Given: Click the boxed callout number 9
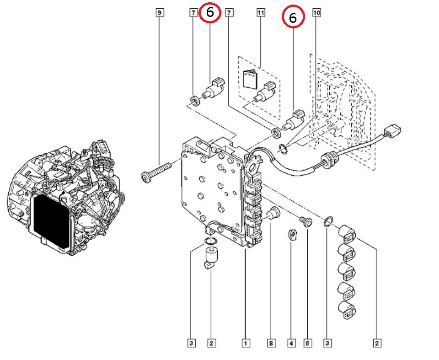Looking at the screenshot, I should click(159, 13).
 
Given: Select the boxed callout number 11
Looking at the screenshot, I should click(261, 13).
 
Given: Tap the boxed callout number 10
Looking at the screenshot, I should click(316, 13).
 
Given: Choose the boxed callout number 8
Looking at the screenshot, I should click(272, 343).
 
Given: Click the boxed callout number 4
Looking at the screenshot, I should click(291, 343).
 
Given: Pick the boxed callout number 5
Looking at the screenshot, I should click(308, 343).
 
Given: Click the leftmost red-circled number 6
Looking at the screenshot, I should click(210, 13).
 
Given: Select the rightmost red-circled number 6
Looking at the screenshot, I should click(293, 18).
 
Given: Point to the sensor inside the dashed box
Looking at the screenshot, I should click(265, 91).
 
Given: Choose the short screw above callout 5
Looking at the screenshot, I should click(305, 222).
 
